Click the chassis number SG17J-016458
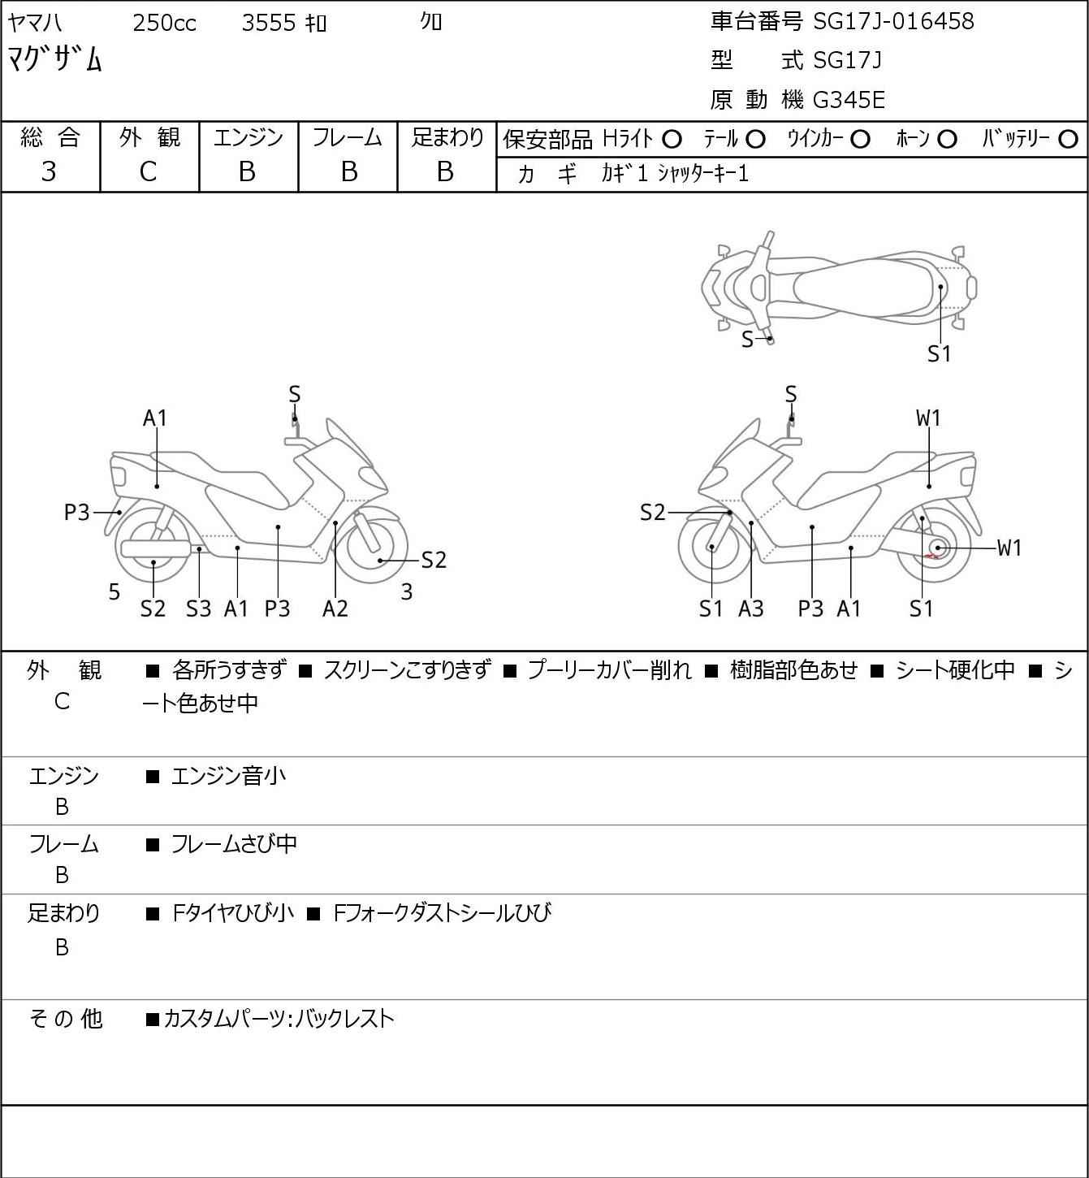coord(893,21)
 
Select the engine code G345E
coord(849,100)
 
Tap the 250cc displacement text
coord(164,23)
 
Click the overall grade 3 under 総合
coord(49,172)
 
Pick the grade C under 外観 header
coord(148,172)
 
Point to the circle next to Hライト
coord(672,140)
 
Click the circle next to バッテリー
coord(1068,140)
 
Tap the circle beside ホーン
coord(947,140)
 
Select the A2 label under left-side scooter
coord(335,608)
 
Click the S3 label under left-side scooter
coord(198,608)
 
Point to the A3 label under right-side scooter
coord(751,608)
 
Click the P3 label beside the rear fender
coord(76,512)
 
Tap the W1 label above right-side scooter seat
coord(928,418)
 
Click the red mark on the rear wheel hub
coord(931,556)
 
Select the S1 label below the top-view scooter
coord(939,354)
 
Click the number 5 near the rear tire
coord(115,591)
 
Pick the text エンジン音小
coord(228,776)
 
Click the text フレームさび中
coord(234,844)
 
